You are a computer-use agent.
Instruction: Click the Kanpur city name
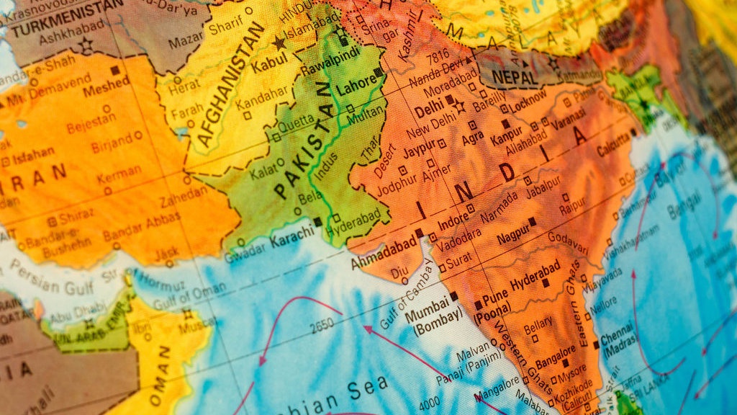pos(506,136)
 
